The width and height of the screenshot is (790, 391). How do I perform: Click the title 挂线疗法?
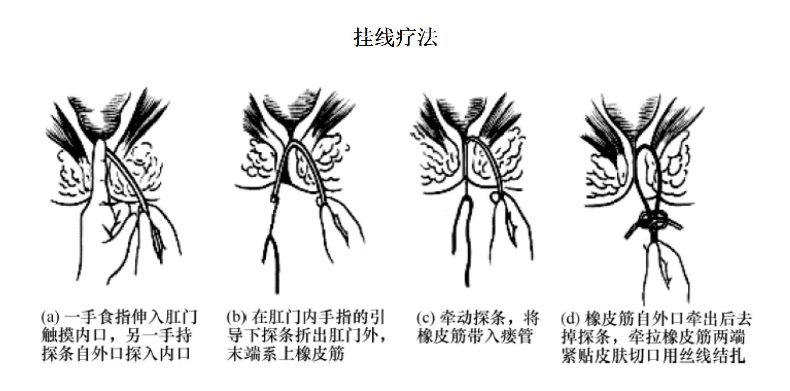tap(395, 37)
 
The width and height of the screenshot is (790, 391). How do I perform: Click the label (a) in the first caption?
tap(50, 317)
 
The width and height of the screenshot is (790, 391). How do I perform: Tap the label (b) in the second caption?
tap(236, 317)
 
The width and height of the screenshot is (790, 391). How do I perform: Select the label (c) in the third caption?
tap(425, 318)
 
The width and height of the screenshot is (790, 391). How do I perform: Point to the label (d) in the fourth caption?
tap(570, 319)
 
